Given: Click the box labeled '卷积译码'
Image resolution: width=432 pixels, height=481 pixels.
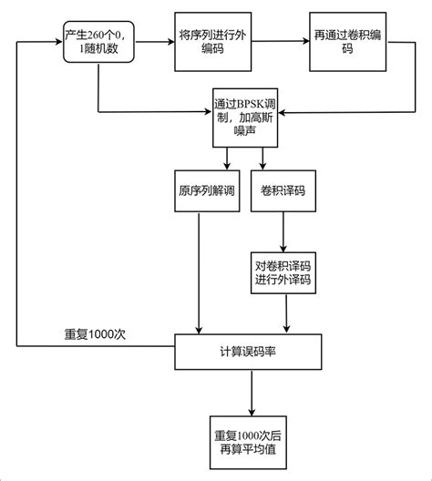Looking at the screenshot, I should (283, 192).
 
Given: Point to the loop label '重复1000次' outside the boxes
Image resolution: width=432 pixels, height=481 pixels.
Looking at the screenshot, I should (94, 334).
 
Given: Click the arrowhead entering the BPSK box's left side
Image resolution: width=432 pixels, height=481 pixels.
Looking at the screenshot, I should (208, 113).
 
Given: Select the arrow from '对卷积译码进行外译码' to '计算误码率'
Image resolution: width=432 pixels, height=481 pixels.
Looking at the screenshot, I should (288, 313).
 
